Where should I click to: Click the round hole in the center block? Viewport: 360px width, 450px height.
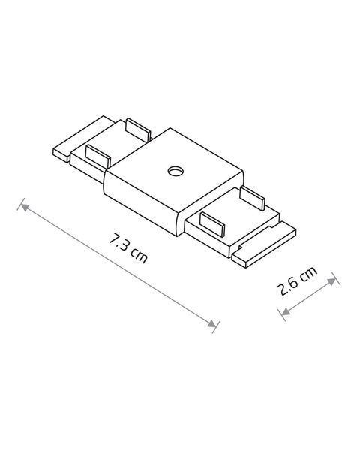[175, 171]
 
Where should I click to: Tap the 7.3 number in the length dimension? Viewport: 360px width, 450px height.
[119, 242]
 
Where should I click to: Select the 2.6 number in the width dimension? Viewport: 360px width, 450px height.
[287, 287]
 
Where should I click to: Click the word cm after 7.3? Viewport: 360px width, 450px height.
[139, 255]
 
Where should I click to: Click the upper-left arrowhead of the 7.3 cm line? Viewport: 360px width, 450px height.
[25, 207]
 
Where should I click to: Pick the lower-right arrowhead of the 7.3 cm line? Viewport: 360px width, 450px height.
[211, 323]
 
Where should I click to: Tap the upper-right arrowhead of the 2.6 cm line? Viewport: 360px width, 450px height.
[331, 281]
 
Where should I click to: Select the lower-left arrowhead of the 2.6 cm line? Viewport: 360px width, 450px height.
[286, 310]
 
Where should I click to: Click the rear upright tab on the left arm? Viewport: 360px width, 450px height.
[138, 130]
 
